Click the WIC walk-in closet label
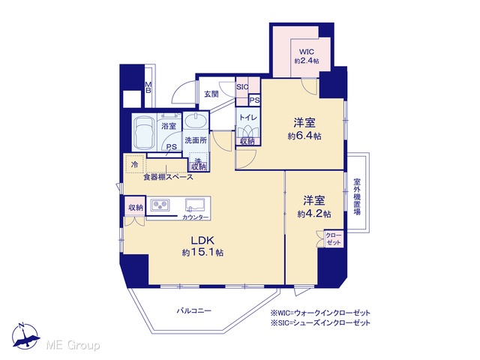(307, 52)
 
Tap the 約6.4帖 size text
(304, 136)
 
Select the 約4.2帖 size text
(314, 214)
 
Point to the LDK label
(202, 240)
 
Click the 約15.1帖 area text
(202, 252)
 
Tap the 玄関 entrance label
(211, 94)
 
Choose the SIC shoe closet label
(242, 87)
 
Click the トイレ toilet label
(247, 118)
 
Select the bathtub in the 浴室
(144, 132)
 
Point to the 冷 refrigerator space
(134, 165)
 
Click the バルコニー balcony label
(194, 311)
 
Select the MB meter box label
(148, 87)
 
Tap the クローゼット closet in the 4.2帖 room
(333, 238)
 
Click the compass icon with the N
(26, 336)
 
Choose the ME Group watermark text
(73, 345)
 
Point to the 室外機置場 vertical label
(357, 196)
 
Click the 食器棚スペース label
(169, 177)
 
